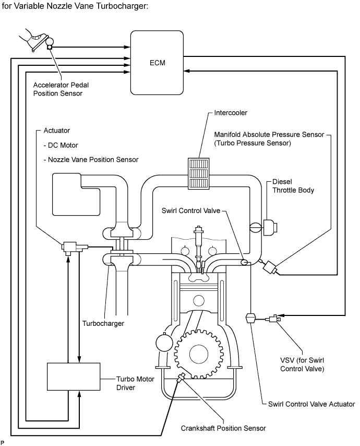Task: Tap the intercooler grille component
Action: tap(199, 173)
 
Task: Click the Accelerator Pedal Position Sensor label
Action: tap(61, 89)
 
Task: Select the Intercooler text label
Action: tap(231, 113)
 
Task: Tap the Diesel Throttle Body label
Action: tap(293, 186)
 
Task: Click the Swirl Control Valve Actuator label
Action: tap(311, 404)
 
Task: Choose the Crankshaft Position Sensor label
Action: tap(223, 428)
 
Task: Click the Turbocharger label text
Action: tap(103, 323)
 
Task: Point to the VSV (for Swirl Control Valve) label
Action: tap(302, 365)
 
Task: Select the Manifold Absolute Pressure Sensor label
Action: tap(269, 138)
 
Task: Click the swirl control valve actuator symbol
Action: tap(250, 318)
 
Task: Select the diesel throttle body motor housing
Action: tap(270, 228)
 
